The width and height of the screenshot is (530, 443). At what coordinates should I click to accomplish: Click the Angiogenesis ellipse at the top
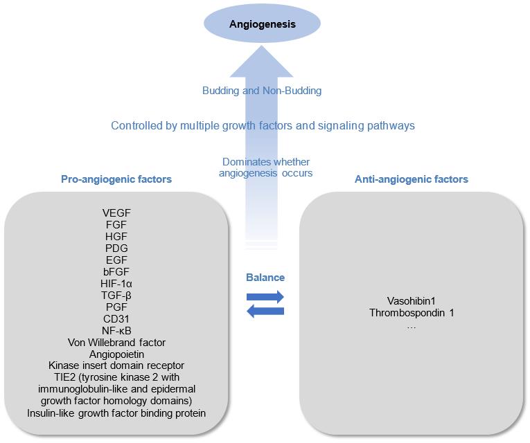[x=263, y=24]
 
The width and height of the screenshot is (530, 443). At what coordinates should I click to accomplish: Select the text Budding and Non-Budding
[x=262, y=91]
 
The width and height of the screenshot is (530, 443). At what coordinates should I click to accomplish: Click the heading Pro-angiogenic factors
[x=116, y=179]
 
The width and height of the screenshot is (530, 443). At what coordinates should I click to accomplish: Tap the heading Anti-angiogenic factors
[x=412, y=179]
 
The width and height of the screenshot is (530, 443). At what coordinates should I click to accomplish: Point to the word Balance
[x=265, y=278]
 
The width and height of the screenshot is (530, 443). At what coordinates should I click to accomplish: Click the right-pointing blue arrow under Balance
[x=265, y=297]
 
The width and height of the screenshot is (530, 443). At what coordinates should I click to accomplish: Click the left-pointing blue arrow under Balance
[x=265, y=311]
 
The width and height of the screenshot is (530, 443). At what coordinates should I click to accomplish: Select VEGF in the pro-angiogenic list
[x=116, y=213]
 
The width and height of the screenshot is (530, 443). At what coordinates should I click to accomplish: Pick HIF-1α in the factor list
[x=116, y=283]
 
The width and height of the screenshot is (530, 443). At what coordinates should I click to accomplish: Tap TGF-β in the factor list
[x=116, y=295]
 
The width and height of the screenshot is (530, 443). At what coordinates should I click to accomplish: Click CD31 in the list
[x=116, y=318]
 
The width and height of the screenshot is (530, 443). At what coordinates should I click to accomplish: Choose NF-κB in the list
[x=116, y=330]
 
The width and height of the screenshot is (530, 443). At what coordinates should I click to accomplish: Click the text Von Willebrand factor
[x=116, y=342]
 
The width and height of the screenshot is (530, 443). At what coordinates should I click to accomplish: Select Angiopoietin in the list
[x=116, y=354]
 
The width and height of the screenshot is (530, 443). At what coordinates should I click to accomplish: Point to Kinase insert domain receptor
[x=116, y=365]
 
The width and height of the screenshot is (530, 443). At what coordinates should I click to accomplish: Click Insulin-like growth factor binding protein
[x=116, y=413]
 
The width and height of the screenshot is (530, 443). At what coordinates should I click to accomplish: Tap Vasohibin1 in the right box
[x=412, y=300]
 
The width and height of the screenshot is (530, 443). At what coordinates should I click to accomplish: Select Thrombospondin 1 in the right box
[x=412, y=313]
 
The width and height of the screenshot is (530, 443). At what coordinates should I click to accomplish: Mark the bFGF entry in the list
[x=116, y=271]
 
